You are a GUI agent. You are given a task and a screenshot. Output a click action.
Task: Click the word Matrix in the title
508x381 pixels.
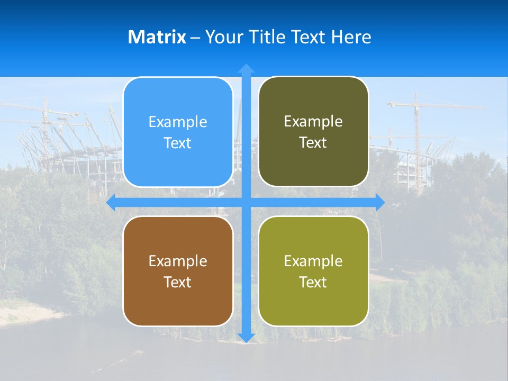point(157,37)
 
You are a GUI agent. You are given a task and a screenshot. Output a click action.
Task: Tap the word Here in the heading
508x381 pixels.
point(351,37)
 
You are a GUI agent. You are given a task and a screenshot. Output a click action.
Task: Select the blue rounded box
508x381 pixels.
point(178,132)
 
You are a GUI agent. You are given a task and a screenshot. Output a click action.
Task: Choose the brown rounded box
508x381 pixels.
point(178,271)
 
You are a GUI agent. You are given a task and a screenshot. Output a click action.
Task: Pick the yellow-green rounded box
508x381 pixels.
point(313,271)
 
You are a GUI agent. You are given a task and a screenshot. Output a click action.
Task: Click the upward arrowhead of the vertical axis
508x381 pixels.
point(246,68)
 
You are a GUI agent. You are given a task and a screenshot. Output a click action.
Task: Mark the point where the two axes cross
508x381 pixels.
point(246,202)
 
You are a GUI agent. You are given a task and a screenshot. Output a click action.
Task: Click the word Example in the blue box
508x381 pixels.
point(178,122)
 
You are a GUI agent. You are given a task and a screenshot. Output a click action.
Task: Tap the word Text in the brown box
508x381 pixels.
point(178,282)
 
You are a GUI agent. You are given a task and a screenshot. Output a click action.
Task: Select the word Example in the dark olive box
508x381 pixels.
point(313,122)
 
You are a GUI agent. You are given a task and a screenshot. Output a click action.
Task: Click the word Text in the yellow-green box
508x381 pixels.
point(313,282)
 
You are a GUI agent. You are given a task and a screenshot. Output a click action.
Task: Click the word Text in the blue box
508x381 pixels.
point(178,143)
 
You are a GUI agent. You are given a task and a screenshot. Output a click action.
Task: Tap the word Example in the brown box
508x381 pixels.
point(178,261)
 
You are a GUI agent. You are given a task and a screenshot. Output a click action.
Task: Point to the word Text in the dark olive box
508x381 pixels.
point(313,142)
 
